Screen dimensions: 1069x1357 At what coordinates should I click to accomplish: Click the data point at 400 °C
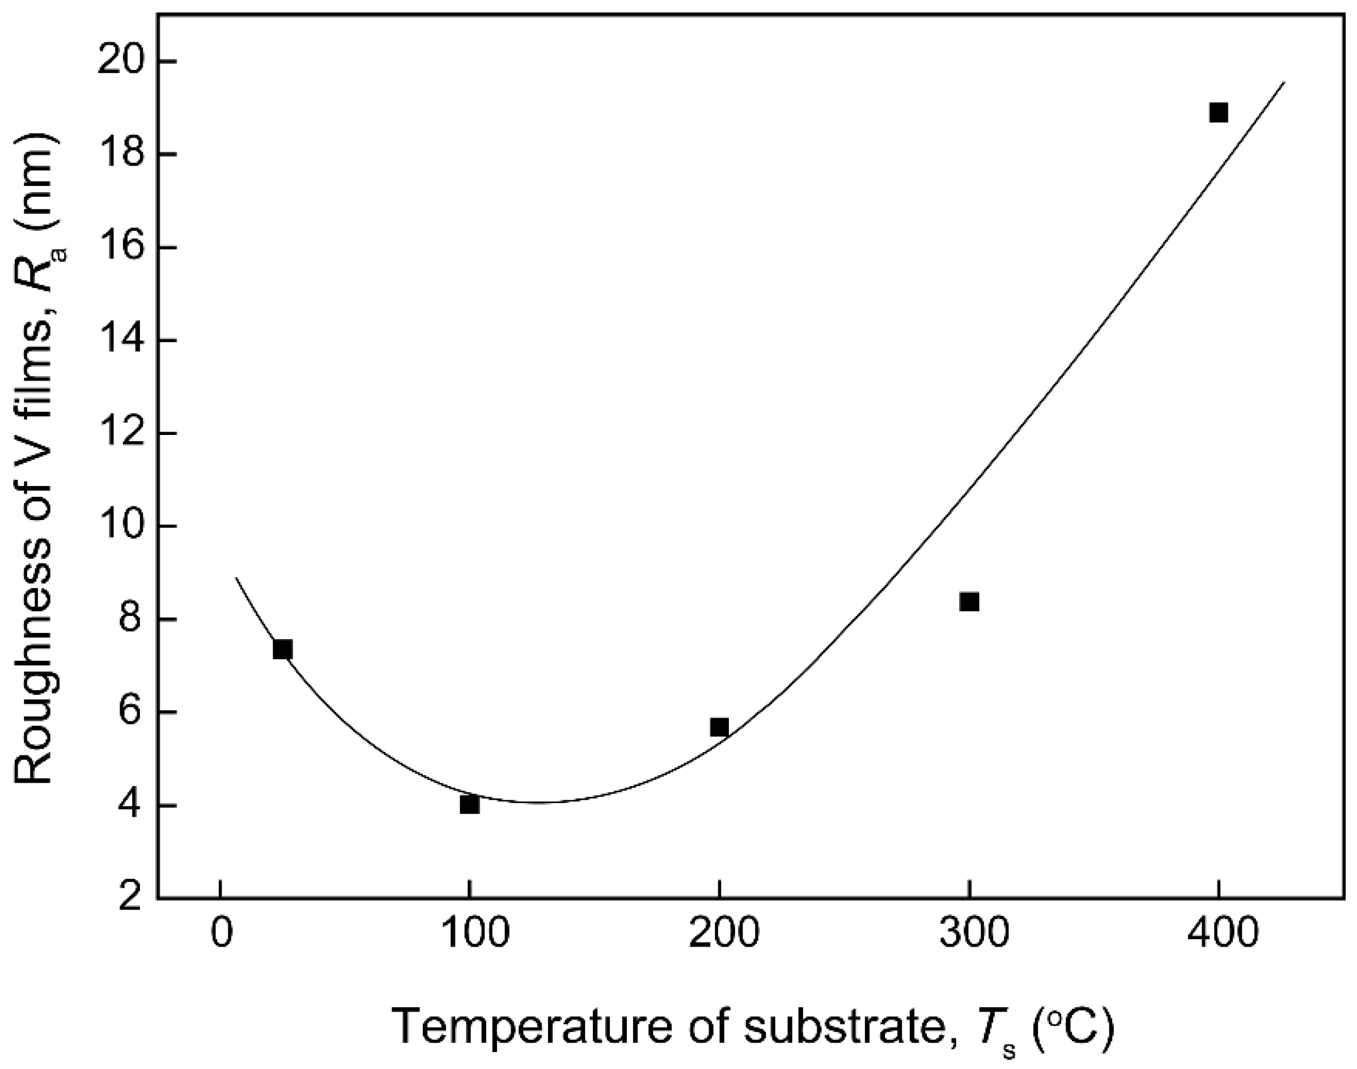[1218, 113]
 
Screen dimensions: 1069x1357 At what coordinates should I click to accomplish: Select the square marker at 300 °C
[969, 602]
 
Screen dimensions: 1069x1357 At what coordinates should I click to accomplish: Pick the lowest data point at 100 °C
[469, 805]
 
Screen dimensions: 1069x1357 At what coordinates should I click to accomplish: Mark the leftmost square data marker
[283, 650]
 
